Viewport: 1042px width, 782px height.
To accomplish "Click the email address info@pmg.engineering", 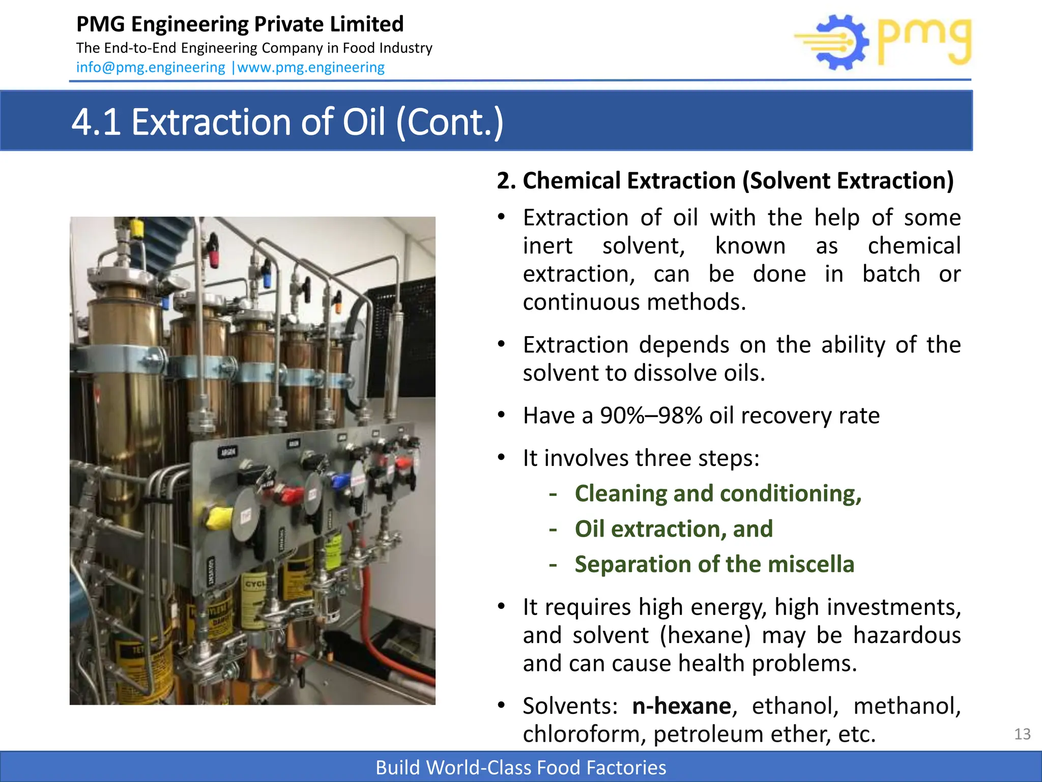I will pyautogui.click(x=151, y=67).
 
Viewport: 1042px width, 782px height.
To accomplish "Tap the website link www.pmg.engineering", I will pyautogui.click(x=311, y=67).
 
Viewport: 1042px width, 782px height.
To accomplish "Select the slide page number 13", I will pyautogui.click(x=1022, y=734).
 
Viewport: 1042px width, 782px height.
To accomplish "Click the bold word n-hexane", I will pyautogui.click(x=681, y=706).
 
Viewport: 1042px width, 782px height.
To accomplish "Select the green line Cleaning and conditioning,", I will pyautogui.click(x=718, y=493).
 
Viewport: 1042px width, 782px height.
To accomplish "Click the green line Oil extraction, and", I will pyautogui.click(x=674, y=529).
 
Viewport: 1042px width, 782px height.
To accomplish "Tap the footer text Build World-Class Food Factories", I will pyautogui.click(x=520, y=767).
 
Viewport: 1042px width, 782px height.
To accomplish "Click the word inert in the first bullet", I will pyautogui.click(x=547, y=246).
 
